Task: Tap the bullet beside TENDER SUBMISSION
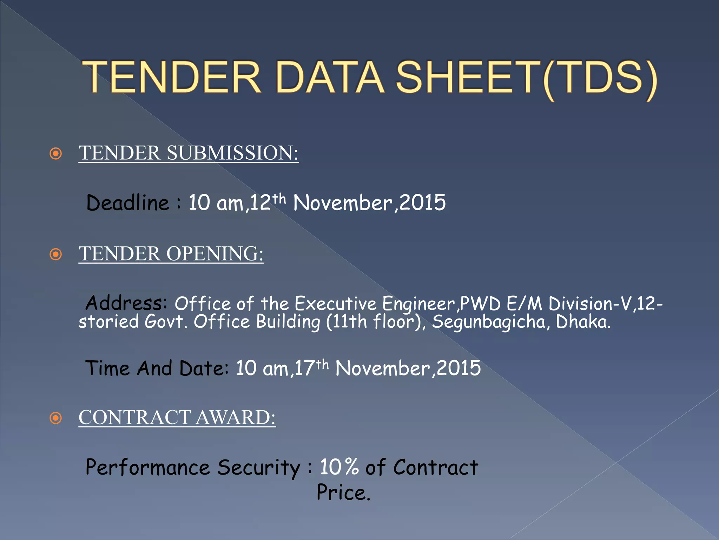click(x=56, y=154)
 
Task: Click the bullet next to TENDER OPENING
click(x=56, y=254)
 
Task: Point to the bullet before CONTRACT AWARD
click(x=56, y=418)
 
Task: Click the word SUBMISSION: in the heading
click(x=232, y=153)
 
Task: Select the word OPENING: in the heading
click(x=215, y=254)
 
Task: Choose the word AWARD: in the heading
click(x=236, y=418)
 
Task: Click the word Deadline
click(x=128, y=203)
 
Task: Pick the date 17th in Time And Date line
click(x=311, y=368)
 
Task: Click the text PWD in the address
click(x=480, y=304)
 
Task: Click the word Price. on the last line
click(x=343, y=493)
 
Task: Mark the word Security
click(x=259, y=468)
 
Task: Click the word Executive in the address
click(x=335, y=304)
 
